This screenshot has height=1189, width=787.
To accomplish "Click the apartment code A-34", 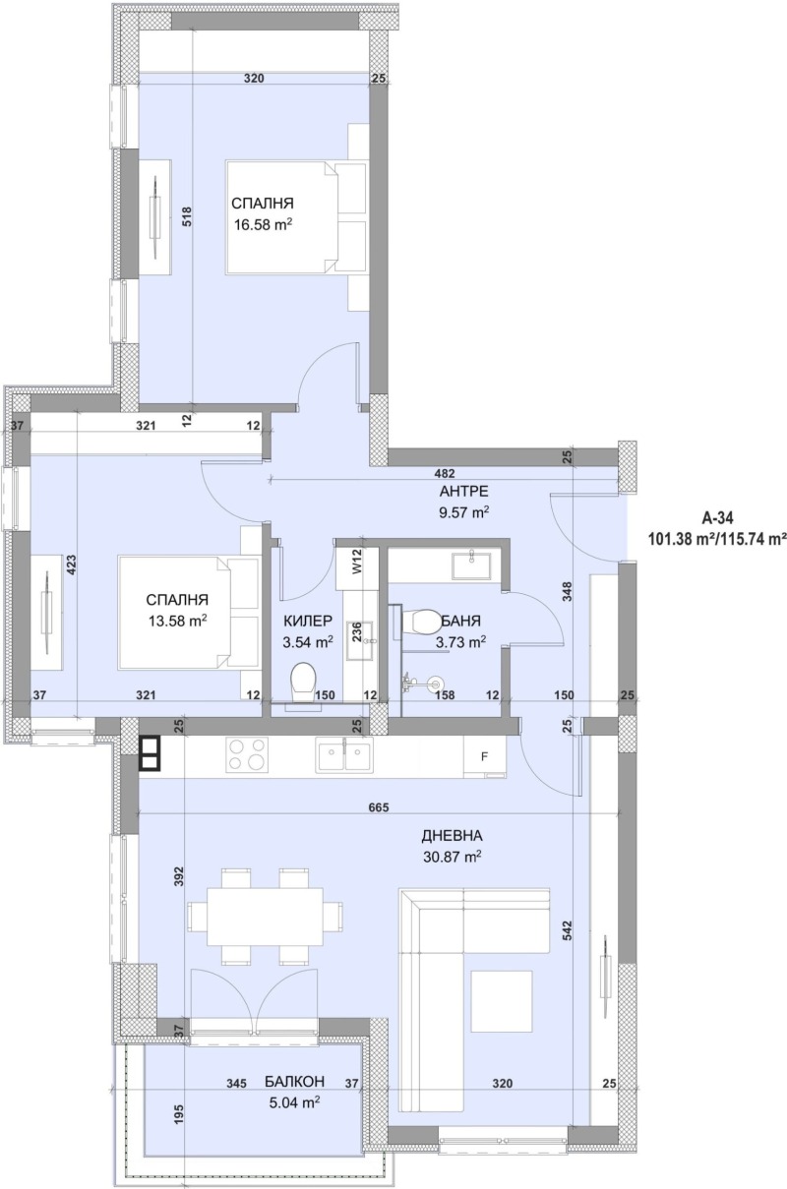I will tap(718, 517).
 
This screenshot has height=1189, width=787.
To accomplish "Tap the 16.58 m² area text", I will tap(264, 225).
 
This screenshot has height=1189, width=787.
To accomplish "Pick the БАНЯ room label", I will tap(460, 622).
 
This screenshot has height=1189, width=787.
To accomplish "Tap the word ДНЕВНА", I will tap(452, 836).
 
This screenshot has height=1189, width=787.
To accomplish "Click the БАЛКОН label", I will tap(295, 1082).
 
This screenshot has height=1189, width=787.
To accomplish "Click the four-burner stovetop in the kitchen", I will tap(248, 755).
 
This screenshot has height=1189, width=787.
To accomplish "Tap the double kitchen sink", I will tap(344, 755).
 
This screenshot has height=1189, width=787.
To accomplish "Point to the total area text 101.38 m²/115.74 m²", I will tap(718, 538).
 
